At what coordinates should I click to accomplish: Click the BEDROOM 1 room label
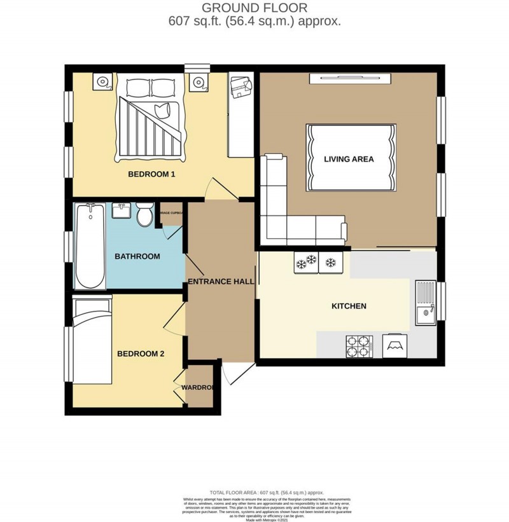pyautogui.click(x=151, y=174)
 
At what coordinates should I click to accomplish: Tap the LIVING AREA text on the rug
pyautogui.click(x=349, y=159)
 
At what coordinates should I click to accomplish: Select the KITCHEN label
pyautogui.click(x=349, y=306)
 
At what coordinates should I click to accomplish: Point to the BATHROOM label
pyautogui.click(x=137, y=257)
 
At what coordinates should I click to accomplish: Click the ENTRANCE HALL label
pyautogui.click(x=220, y=281)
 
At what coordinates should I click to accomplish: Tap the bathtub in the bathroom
pyautogui.click(x=89, y=247)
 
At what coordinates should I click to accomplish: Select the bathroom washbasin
pyautogui.click(x=122, y=211)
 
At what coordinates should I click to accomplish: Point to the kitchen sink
pyautogui.click(x=424, y=303)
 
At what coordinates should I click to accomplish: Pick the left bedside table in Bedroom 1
pyautogui.click(x=103, y=82)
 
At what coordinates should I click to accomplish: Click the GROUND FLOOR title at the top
pyautogui.click(x=254, y=8)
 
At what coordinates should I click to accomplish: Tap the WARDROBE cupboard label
pyautogui.click(x=197, y=387)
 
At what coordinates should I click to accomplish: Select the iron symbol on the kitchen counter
pyautogui.click(x=395, y=347)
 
